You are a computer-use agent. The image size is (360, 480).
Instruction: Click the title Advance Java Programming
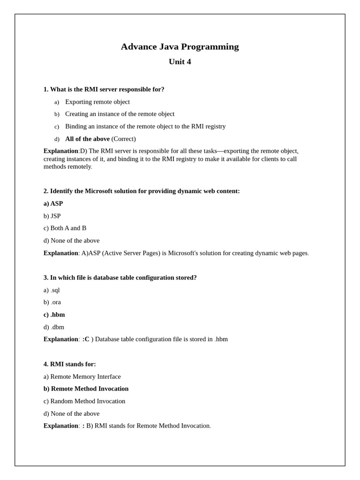click(x=180, y=46)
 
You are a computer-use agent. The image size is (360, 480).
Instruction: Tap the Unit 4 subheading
click(x=180, y=61)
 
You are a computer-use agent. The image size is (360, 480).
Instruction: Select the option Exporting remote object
click(x=97, y=102)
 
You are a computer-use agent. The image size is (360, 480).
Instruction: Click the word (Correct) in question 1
click(x=123, y=139)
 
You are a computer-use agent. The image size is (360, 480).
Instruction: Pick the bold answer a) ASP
click(x=53, y=203)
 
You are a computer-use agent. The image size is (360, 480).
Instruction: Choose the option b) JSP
click(x=52, y=216)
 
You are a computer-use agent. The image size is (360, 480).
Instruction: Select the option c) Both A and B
click(x=65, y=228)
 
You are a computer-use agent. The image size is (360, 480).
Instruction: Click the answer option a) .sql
click(x=52, y=290)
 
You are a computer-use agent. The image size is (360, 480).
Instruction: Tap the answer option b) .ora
click(x=52, y=302)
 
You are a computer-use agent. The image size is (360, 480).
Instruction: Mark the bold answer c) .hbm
click(x=54, y=315)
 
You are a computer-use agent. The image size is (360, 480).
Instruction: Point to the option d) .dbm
click(x=54, y=327)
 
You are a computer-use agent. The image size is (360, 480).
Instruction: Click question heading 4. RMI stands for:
click(x=69, y=364)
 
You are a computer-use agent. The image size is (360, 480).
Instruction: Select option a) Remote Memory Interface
click(x=82, y=376)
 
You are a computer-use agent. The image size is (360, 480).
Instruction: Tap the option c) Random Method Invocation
click(x=84, y=401)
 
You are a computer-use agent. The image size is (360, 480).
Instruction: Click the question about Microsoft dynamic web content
click(x=142, y=191)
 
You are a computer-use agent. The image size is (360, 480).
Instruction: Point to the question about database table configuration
click(x=120, y=277)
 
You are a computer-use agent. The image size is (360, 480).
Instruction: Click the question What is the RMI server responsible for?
click(x=104, y=90)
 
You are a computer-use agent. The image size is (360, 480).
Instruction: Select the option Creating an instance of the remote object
click(x=120, y=114)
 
